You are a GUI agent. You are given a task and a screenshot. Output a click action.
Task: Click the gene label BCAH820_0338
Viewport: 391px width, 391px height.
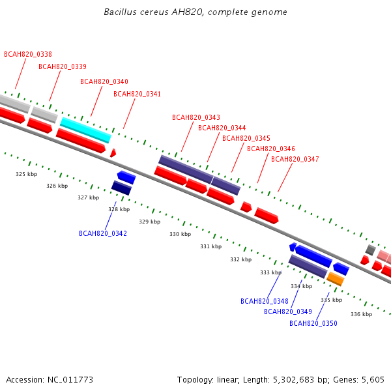28,54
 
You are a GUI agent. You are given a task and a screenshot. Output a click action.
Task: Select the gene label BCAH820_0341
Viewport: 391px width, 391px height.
137,94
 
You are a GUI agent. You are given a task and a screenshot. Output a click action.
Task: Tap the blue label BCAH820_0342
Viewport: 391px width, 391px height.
103,233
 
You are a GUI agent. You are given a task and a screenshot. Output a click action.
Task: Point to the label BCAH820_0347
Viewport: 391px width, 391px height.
295,159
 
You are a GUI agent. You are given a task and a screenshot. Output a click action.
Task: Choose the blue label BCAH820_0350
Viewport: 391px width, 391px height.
313,323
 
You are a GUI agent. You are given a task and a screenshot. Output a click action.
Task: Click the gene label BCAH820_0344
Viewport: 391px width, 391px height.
222,128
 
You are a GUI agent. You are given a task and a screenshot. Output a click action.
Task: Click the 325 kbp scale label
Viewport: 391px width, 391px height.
27,174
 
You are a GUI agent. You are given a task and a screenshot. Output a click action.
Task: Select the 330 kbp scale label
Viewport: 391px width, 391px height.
181,234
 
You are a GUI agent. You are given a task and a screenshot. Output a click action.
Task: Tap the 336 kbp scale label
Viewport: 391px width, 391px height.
361,314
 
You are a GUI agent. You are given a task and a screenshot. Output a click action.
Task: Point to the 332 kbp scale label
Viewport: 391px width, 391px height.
241,259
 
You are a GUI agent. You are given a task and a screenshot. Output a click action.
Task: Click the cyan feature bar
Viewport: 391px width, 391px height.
86,130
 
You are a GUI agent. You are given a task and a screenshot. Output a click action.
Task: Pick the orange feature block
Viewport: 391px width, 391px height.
336,279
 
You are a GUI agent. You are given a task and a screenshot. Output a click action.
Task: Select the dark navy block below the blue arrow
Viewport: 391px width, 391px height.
121,188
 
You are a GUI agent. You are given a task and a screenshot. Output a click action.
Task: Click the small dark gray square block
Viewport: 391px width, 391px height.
371,250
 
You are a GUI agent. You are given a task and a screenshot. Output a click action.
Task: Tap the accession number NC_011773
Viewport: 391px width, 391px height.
70,380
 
